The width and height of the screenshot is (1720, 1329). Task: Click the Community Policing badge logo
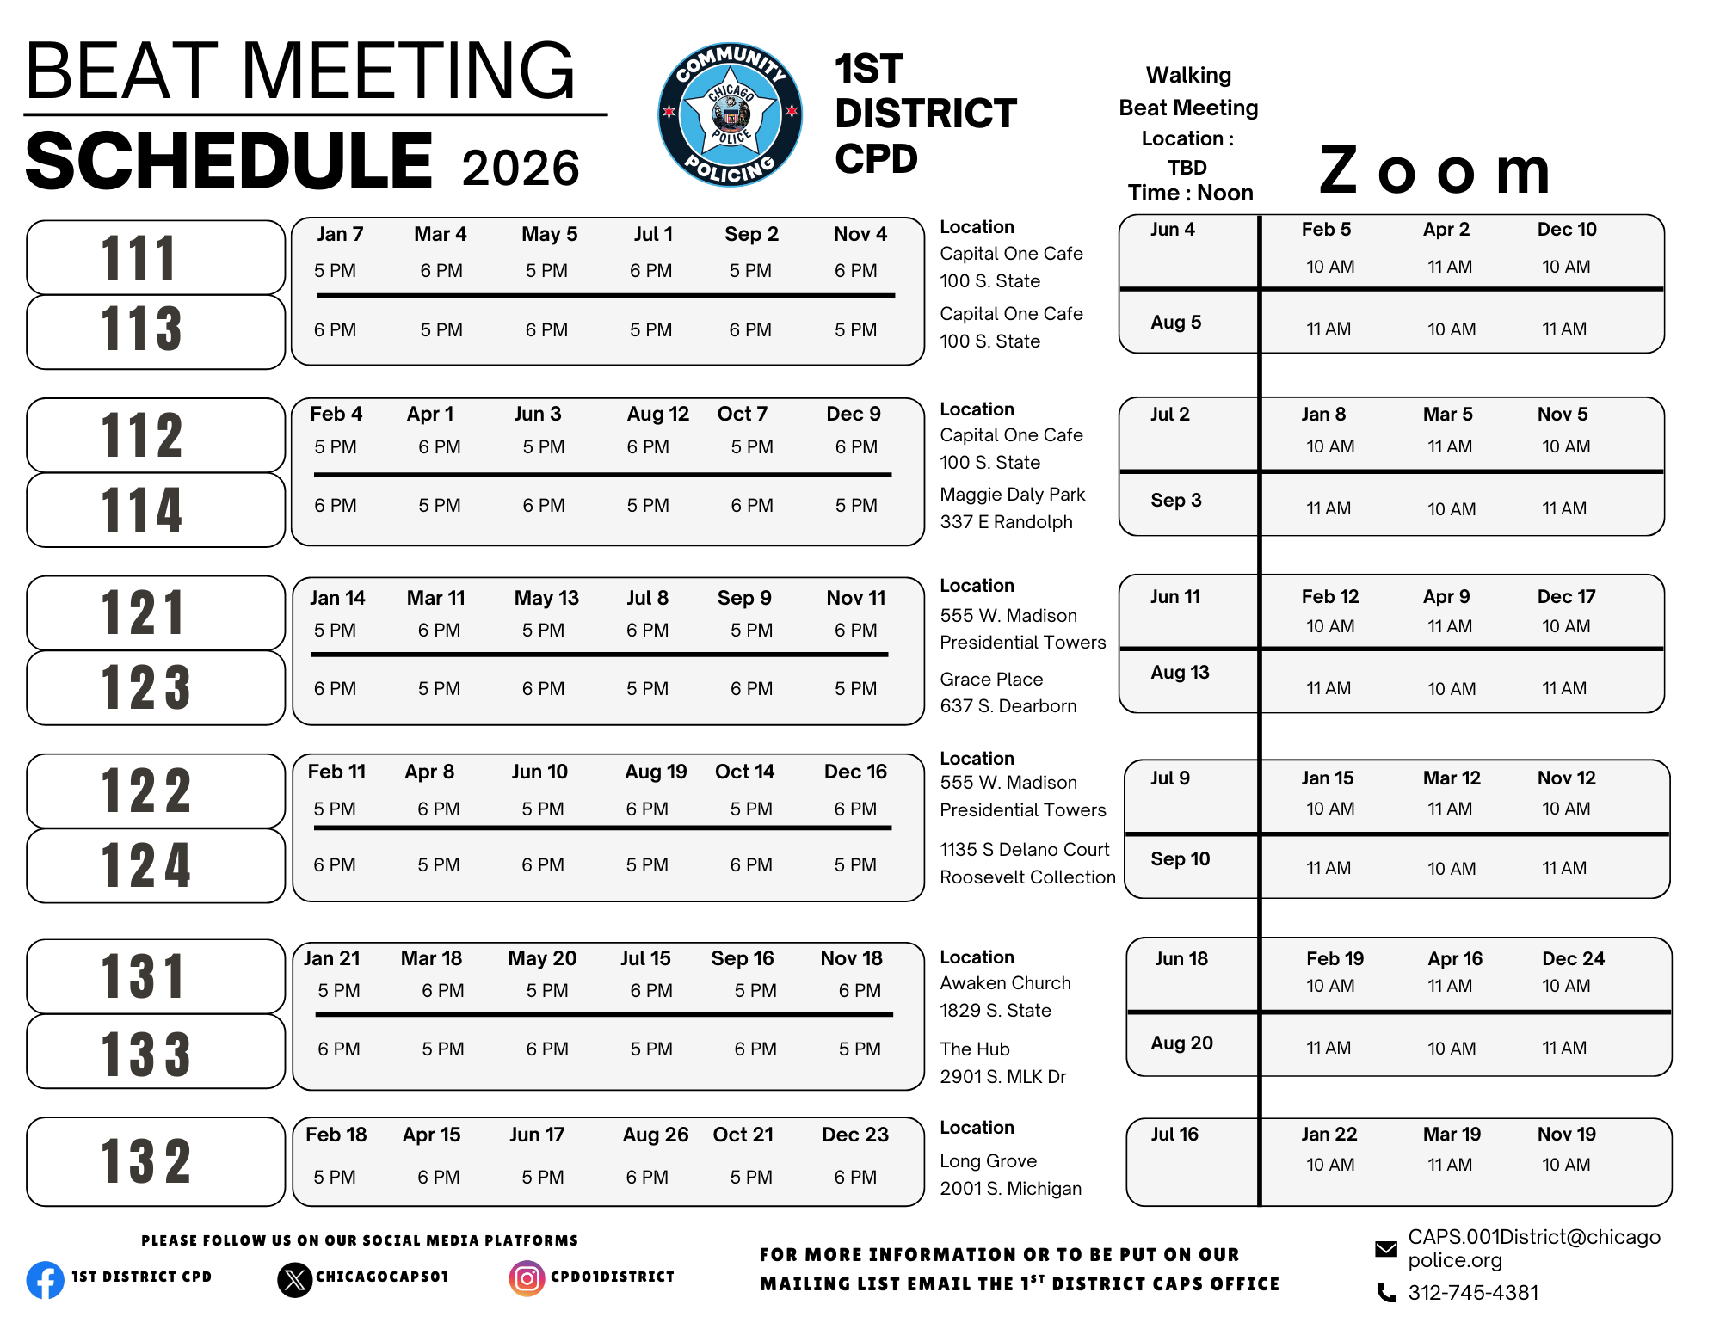[x=730, y=114]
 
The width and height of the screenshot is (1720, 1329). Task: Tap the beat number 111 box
[x=156, y=257]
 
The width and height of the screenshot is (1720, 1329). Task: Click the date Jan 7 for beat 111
[x=340, y=234]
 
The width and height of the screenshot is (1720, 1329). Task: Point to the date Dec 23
[x=854, y=1135]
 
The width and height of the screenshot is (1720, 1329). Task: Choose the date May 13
[x=546, y=598]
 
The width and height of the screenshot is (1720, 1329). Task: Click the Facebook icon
[x=45, y=1280]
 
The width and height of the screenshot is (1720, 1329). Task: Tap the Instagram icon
[x=527, y=1278]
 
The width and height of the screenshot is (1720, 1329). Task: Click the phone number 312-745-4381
[x=1472, y=1293]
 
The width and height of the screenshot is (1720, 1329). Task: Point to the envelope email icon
[x=1386, y=1249]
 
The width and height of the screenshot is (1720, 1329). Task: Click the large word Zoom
[x=1434, y=170]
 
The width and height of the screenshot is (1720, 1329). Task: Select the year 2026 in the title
[x=521, y=168]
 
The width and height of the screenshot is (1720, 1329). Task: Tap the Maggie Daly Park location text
[x=1012, y=495]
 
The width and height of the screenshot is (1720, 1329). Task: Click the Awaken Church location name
[x=1005, y=983]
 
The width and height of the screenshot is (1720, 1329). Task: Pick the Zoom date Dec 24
[x=1573, y=958]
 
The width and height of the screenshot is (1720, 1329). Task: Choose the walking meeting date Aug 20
[x=1181, y=1043]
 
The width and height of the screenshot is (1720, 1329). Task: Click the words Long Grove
[x=988, y=1161]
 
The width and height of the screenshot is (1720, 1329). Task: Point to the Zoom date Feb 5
[x=1326, y=230]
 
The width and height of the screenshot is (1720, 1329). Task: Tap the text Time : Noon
[x=1190, y=193]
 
